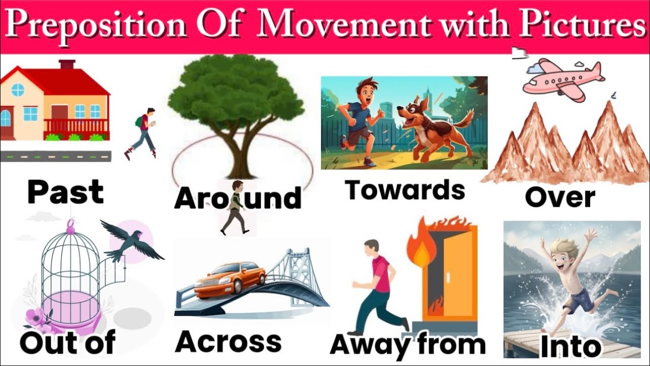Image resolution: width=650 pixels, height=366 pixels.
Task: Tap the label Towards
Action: (x=405, y=190)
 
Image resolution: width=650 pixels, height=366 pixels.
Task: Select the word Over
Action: (x=560, y=197)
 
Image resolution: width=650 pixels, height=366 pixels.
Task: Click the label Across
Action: (x=228, y=341)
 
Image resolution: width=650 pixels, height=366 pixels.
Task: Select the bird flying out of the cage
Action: (x=130, y=244)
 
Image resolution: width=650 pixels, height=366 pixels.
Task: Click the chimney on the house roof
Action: (x=67, y=65)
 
